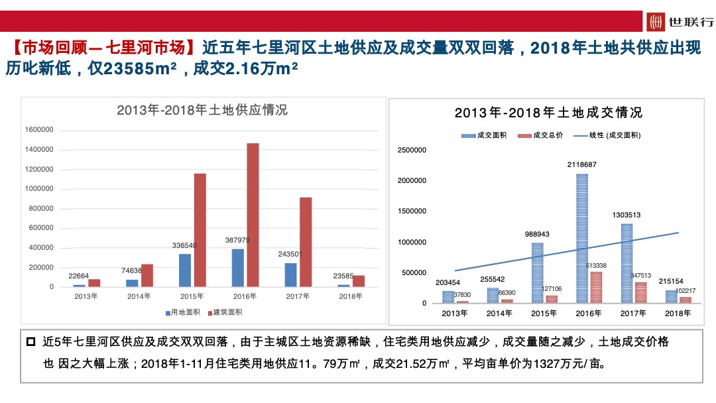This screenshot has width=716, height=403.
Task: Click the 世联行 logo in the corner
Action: (x=680, y=22)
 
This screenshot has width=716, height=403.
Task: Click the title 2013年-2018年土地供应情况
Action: (x=202, y=110)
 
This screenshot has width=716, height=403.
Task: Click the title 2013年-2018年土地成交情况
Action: (x=548, y=113)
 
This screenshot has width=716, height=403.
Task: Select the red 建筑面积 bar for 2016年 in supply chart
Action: (x=253, y=215)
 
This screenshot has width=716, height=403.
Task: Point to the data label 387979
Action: (x=237, y=240)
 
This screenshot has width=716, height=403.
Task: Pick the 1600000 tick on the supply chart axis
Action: (x=39, y=130)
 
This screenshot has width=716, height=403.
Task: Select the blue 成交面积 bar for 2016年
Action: (x=582, y=239)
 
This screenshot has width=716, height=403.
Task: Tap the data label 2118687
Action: (x=582, y=164)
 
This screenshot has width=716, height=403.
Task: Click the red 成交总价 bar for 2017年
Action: (x=640, y=292)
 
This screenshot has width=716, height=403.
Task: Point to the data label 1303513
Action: (x=626, y=215)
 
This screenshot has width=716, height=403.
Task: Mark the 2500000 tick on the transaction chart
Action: (x=412, y=150)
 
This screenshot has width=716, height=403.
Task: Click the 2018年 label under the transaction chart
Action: (x=677, y=314)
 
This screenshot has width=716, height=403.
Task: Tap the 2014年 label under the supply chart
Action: (x=139, y=296)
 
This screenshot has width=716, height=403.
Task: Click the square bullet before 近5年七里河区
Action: (x=30, y=343)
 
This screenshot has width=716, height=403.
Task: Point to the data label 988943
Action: (x=537, y=234)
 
